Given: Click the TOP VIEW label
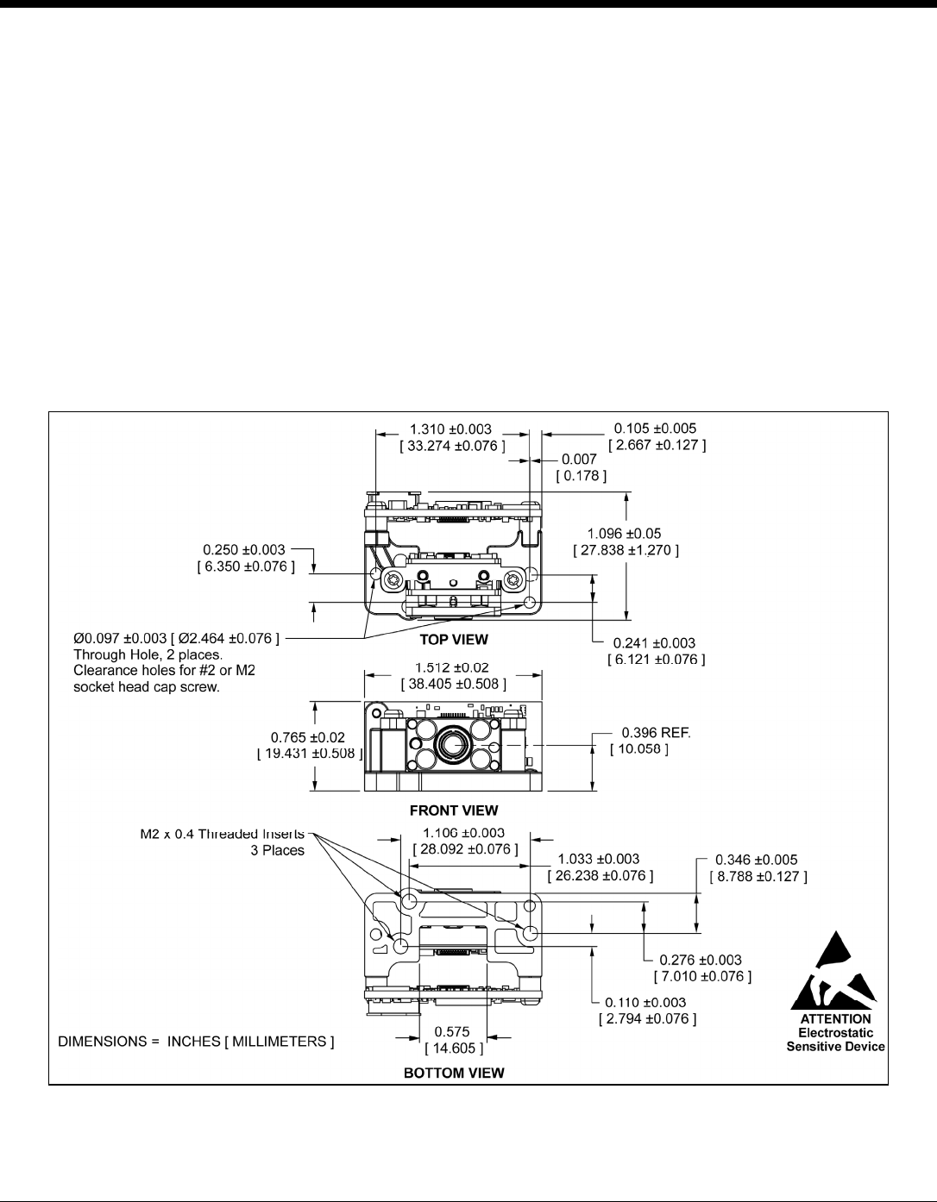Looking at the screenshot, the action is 454,640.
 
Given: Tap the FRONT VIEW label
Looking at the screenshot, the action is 454,811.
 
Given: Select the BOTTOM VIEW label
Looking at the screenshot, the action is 454,1073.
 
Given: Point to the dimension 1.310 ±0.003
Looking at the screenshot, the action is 450,429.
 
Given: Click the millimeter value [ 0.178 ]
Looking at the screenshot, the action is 582,476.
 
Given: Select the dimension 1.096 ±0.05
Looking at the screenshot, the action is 625,534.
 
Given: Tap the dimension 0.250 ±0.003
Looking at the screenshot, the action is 244,549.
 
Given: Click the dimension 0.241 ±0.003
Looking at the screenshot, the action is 654,642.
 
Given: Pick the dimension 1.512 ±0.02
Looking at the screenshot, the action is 452,667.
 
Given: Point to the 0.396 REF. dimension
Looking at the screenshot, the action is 657,732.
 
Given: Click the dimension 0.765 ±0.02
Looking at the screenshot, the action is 308,737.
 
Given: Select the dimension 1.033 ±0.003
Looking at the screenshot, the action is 598,859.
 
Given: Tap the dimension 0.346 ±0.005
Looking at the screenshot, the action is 757,860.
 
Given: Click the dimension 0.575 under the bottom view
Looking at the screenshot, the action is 452,1031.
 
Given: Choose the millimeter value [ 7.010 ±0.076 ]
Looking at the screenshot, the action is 702,976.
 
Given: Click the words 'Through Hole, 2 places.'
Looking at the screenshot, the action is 148,655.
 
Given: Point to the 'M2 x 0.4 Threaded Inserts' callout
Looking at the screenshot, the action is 223,834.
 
